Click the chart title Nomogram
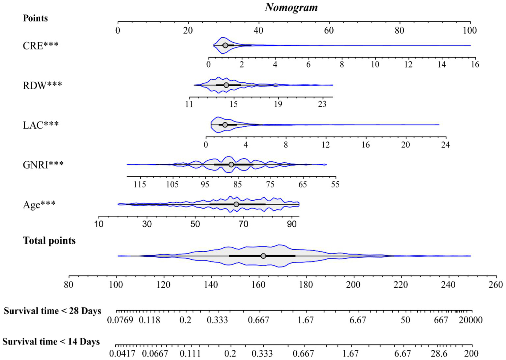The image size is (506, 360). pyautogui.click(x=291, y=7)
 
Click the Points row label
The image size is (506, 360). pyautogui.click(x=35, y=18)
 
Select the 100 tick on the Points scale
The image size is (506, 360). pyautogui.click(x=470, y=30)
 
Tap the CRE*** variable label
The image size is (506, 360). pyautogui.click(x=41, y=45)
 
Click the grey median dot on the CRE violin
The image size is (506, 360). pyautogui.click(x=225, y=45)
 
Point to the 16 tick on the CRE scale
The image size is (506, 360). pyautogui.click(x=475, y=64)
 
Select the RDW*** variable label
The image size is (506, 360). pyautogui.click(x=42, y=85)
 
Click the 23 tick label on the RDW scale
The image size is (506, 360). pyautogui.click(x=322, y=104)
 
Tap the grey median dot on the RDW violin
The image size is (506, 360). pyautogui.click(x=226, y=85)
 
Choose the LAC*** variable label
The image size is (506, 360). pyautogui.click(x=41, y=125)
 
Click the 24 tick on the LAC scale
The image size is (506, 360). pyautogui.click(x=445, y=145)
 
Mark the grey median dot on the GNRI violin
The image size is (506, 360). pyautogui.click(x=231, y=165)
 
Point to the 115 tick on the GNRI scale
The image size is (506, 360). pyautogui.click(x=140, y=184)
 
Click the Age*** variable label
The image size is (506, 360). pyautogui.click(x=39, y=205)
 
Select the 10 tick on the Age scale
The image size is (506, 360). pyautogui.click(x=99, y=224)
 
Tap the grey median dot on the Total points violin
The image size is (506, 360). pyautogui.click(x=263, y=256)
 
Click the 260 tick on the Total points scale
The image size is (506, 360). pyautogui.click(x=496, y=285)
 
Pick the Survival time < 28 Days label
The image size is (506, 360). pyautogui.click(x=52, y=311)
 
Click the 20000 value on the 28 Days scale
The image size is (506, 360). pyautogui.click(x=470, y=320)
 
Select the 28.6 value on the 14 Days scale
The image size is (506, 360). pyautogui.click(x=439, y=353)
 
